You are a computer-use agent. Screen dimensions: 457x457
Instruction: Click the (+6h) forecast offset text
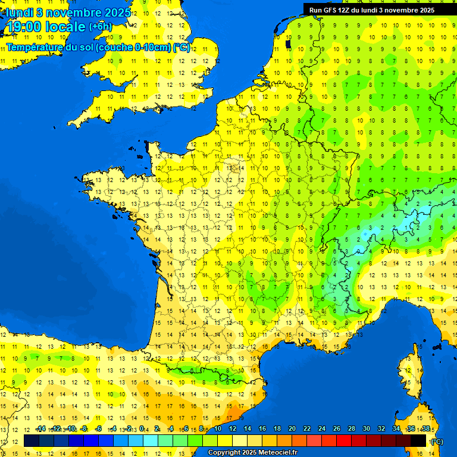pos(100,27)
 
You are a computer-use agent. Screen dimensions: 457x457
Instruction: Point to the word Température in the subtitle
pos(33,47)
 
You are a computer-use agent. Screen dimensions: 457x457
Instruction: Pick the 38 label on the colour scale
pos(426,429)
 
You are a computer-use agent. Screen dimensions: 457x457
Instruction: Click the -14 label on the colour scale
pos(40,429)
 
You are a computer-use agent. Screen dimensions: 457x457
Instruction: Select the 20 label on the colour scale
pos(292,429)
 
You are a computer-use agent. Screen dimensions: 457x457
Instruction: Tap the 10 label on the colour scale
pos(218,429)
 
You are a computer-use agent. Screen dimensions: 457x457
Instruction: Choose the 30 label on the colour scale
pos(367,429)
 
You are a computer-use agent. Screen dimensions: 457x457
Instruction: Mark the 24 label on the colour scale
pos(322,429)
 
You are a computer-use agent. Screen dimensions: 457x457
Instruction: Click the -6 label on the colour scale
pos(99,429)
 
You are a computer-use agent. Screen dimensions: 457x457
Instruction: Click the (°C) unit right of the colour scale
pos(437,441)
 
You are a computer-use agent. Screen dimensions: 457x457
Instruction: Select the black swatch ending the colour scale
pos(418,440)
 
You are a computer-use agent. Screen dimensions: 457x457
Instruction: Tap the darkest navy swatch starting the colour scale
pos(32,440)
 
